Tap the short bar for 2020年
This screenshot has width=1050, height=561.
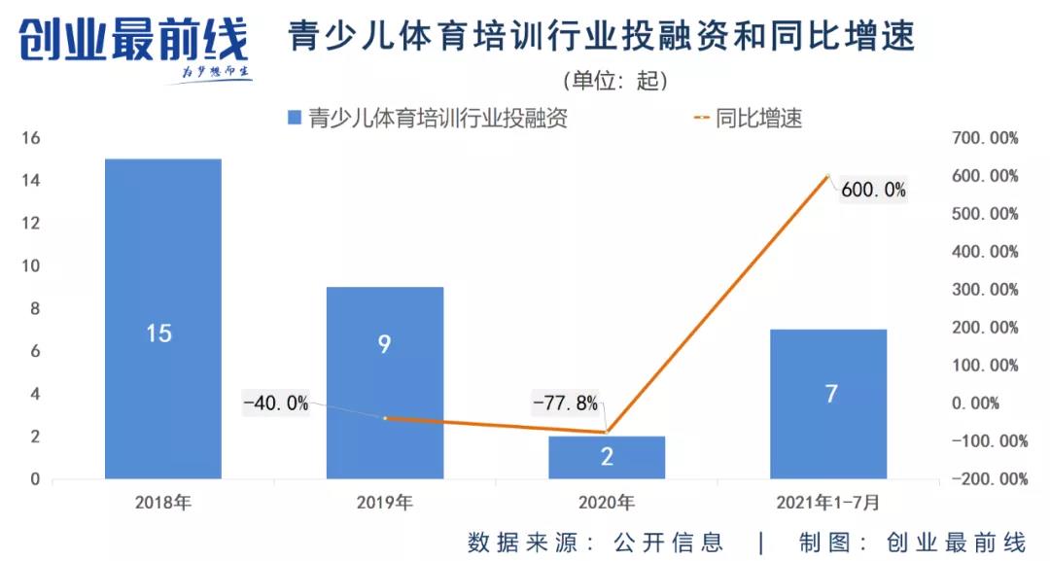point(607,457)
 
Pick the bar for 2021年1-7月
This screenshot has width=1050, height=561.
point(827,403)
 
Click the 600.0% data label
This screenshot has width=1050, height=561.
point(873,191)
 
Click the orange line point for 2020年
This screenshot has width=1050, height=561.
point(607,432)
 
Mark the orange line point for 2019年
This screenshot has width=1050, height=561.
point(385,418)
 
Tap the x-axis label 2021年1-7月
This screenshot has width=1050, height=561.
point(827,504)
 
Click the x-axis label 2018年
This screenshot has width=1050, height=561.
point(163,504)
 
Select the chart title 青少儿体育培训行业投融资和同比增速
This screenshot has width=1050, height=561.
point(602,37)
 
